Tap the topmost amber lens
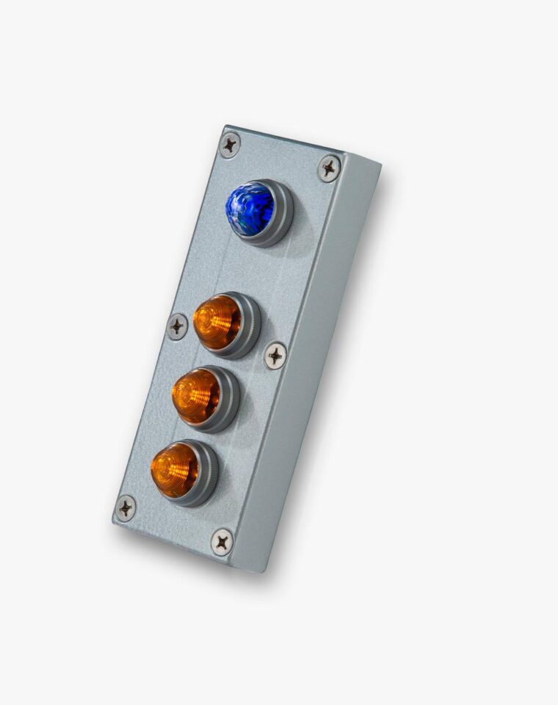coord(217,322)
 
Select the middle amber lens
coord(196,396)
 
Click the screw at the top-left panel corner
coord(230,145)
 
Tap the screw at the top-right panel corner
coord(329,168)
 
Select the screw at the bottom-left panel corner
coord(126,507)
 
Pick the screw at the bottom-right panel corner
coord(222,542)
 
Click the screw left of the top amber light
coord(178,326)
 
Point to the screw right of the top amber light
coord(275,355)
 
